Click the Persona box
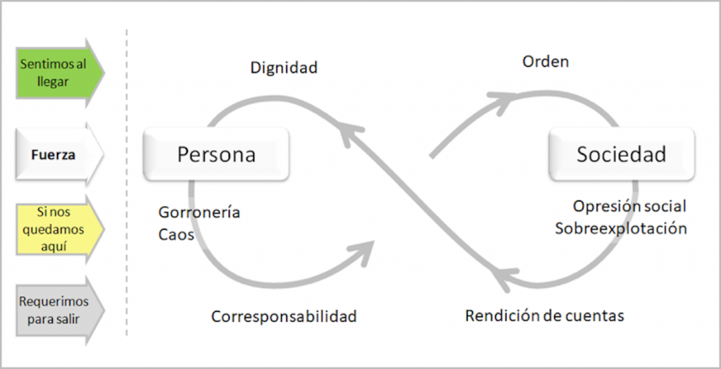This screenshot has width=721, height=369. pos(215,154)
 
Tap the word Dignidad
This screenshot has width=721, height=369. pos(284,68)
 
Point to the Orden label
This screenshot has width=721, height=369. pos(545,62)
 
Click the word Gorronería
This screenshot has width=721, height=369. pos(199,212)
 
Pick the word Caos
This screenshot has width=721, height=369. pos(176,234)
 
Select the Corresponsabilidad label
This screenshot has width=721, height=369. pos(284,316)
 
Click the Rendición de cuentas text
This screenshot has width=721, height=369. pos(544,315)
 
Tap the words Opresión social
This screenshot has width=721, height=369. pos(629,206)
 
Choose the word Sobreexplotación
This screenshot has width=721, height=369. pos(620,228)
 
